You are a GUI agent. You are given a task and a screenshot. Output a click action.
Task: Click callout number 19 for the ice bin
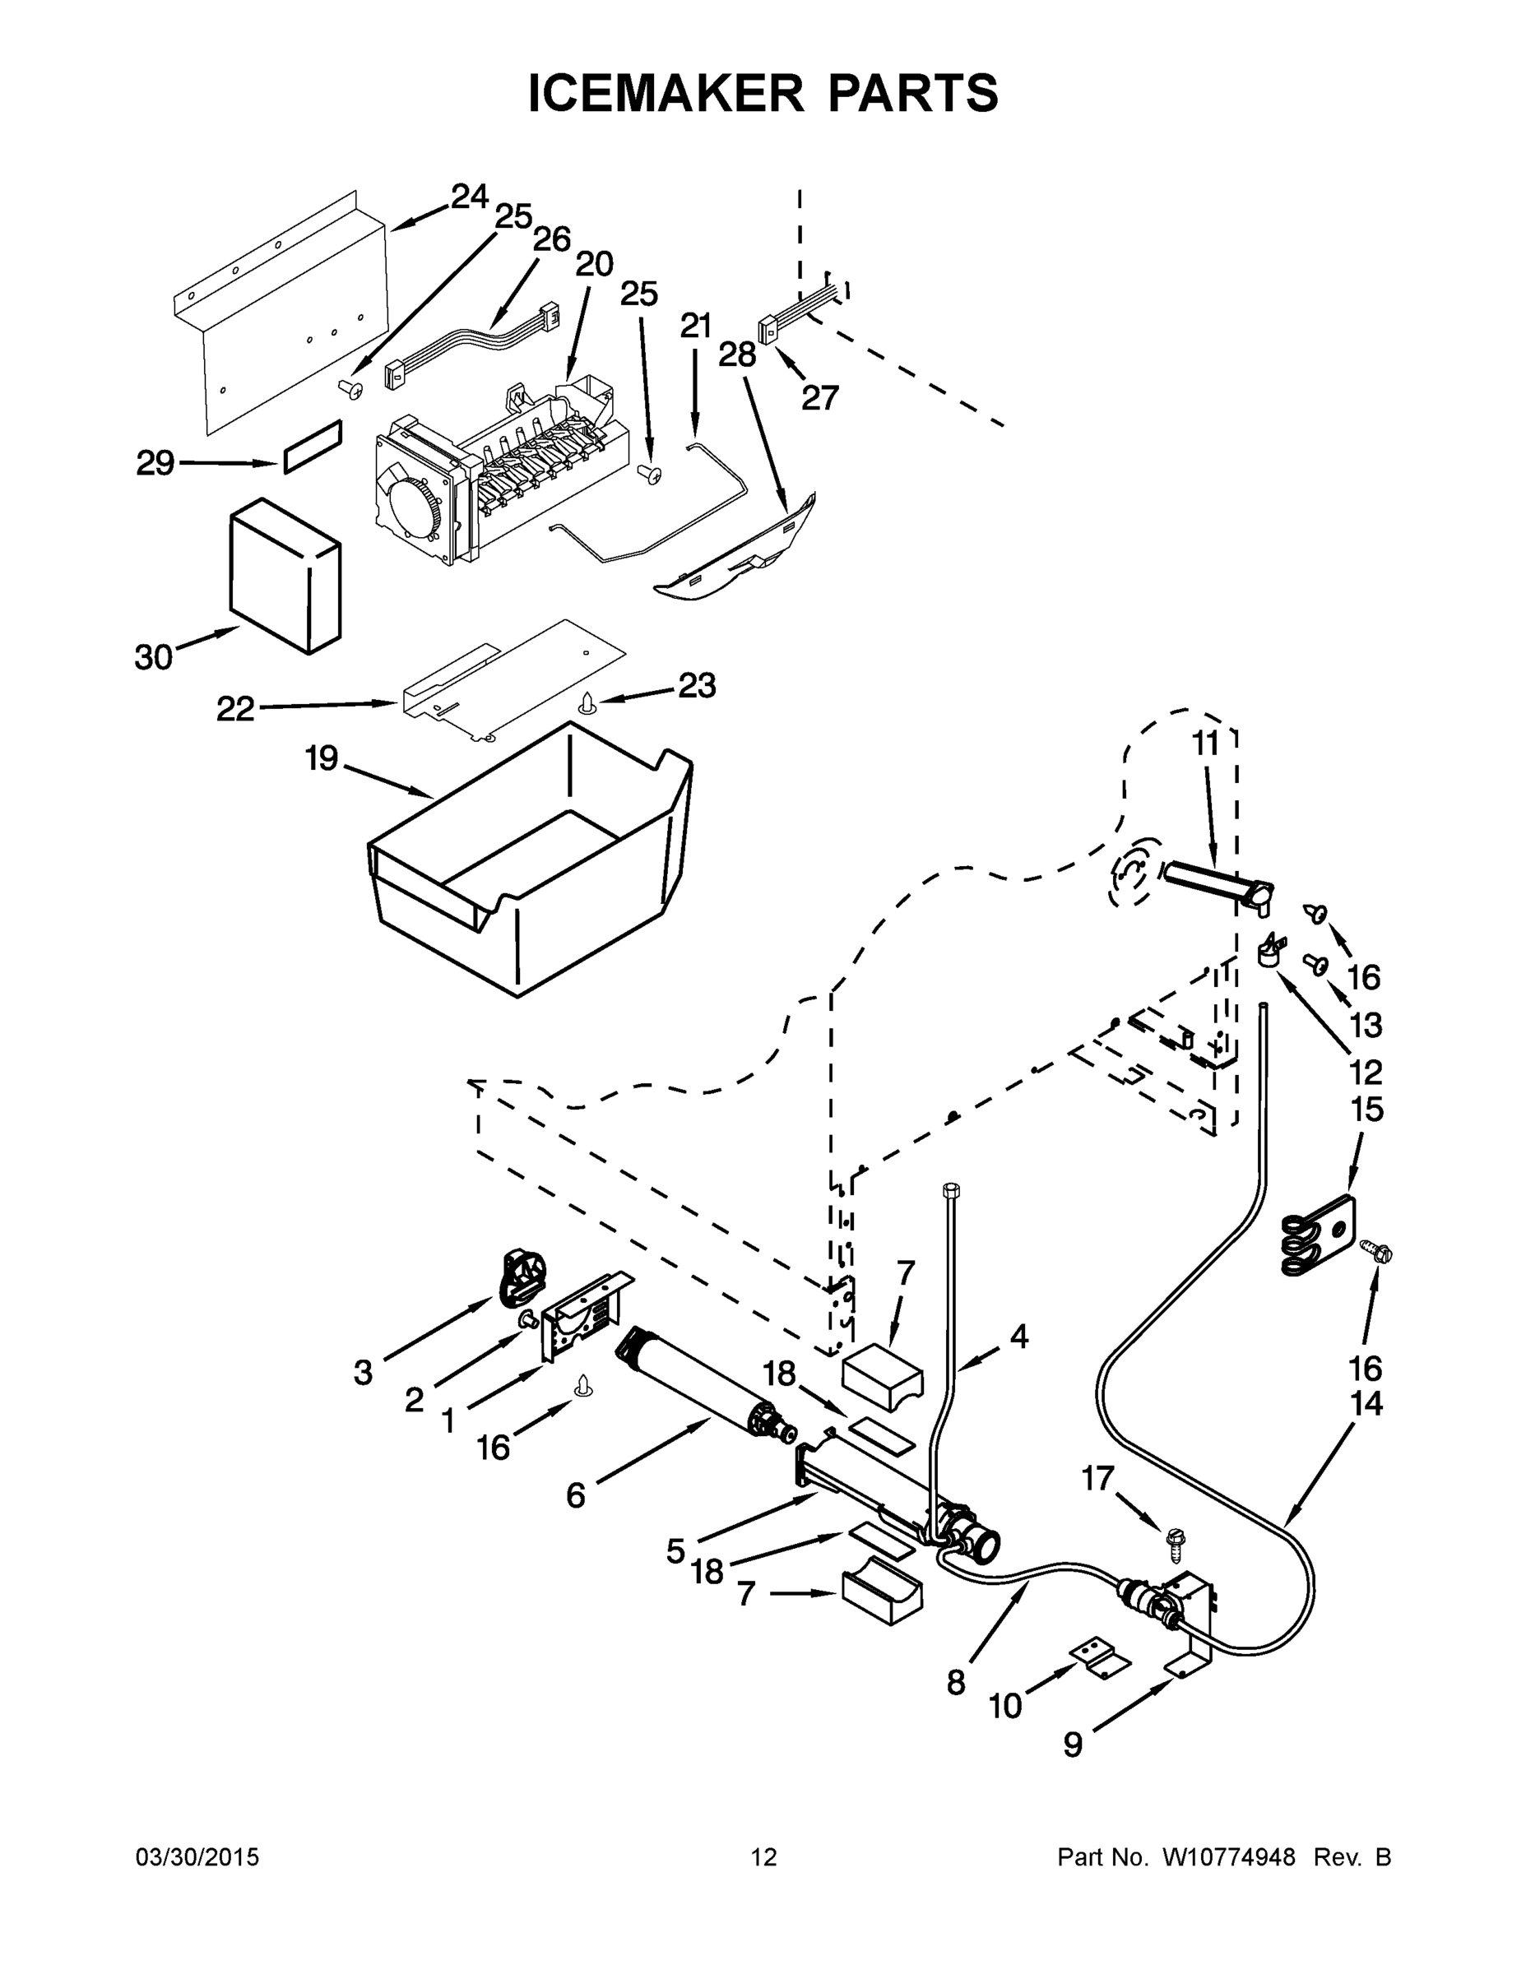321,758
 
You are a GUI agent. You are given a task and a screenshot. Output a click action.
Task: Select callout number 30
154,657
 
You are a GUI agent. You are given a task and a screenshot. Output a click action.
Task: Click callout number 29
155,463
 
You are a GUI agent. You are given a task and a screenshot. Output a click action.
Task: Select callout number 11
1205,743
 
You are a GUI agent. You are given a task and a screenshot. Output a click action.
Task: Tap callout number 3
363,1372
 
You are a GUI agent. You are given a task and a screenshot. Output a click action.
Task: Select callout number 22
235,709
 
